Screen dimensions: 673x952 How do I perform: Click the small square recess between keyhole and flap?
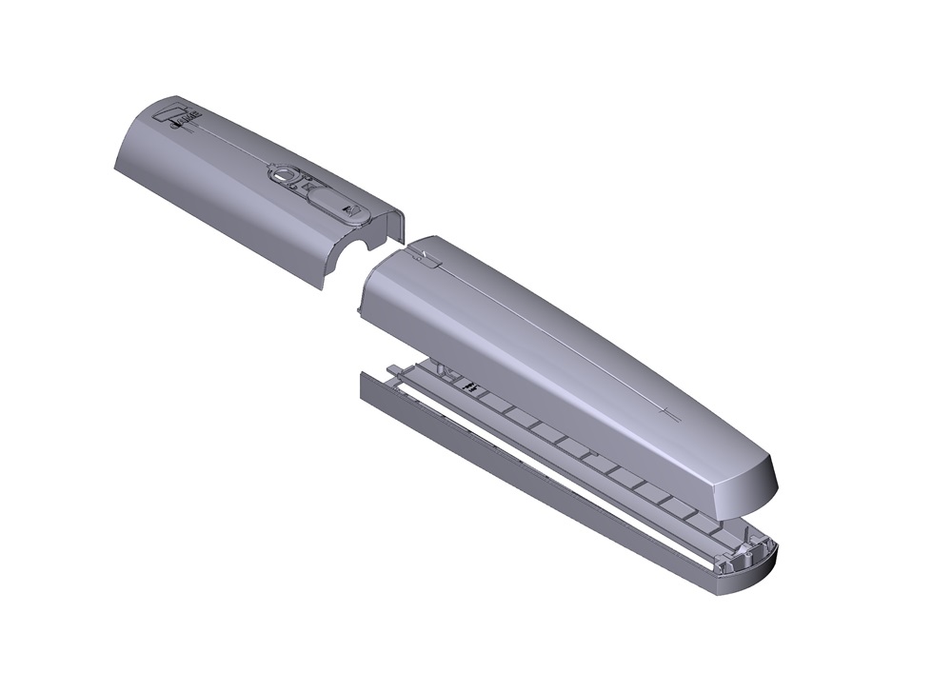306,186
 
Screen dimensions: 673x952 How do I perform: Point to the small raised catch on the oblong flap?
351,211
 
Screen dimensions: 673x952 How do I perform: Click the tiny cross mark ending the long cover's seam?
668,412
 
